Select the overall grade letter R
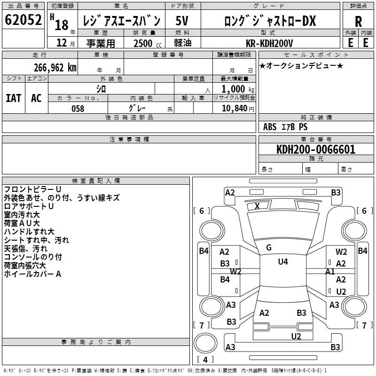358,22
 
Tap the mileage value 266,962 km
55,67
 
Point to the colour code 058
78,109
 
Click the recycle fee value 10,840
234,109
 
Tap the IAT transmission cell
14,98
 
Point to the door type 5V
182,21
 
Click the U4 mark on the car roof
282,262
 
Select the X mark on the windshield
257,206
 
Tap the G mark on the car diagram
269,247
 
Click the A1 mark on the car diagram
330,271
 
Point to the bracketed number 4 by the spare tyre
205,360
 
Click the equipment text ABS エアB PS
285,127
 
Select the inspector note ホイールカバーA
32,274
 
